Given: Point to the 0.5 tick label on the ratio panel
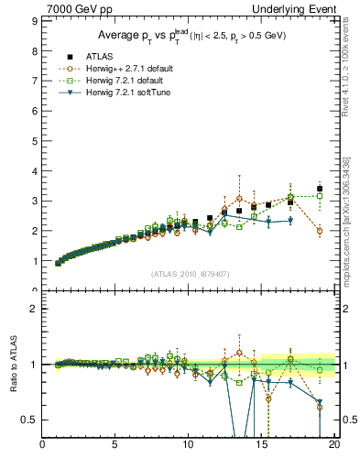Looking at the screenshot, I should click(29, 420).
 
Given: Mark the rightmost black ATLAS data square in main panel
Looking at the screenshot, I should click(319, 189).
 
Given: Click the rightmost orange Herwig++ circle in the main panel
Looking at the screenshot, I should click(319, 231).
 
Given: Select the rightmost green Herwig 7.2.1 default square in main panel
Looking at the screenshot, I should click(319, 196).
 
